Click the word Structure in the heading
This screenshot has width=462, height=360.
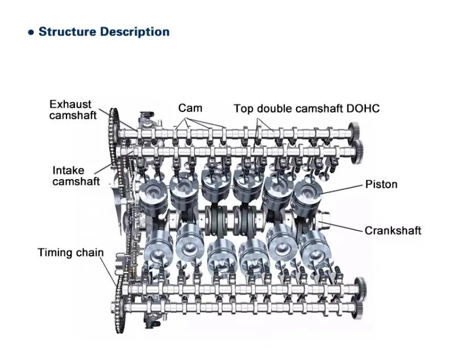[67, 32]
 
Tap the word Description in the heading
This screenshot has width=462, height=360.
[135, 32]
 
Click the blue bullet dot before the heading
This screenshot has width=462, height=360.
[31, 32]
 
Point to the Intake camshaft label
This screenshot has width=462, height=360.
[76, 176]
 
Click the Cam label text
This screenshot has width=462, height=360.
[190, 108]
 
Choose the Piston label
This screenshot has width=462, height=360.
[381, 184]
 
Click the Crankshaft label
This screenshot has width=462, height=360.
[393, 230]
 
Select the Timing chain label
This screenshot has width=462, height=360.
[71, 252]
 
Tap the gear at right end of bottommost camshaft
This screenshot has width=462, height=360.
[359, 310]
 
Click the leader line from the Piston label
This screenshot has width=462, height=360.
[341, 188]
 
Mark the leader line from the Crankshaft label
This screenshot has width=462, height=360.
[347, 226]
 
